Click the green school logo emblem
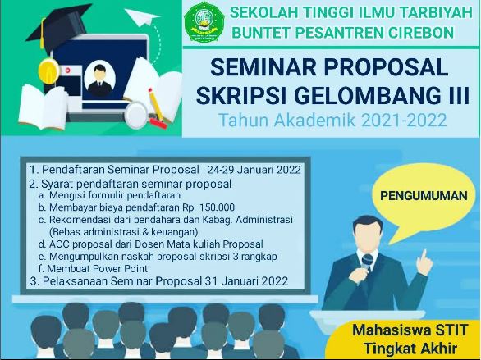[204, 22]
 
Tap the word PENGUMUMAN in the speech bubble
[424, 196]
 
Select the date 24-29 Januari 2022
[254, 170]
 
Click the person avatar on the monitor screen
[99, 80]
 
